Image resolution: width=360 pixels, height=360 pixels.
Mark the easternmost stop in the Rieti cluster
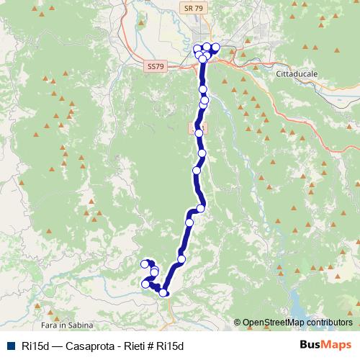click(x=215, y=48)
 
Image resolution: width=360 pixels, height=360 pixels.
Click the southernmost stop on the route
click(x=164, y=292)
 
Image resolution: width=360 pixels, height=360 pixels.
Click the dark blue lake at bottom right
click(x=296, y=306)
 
